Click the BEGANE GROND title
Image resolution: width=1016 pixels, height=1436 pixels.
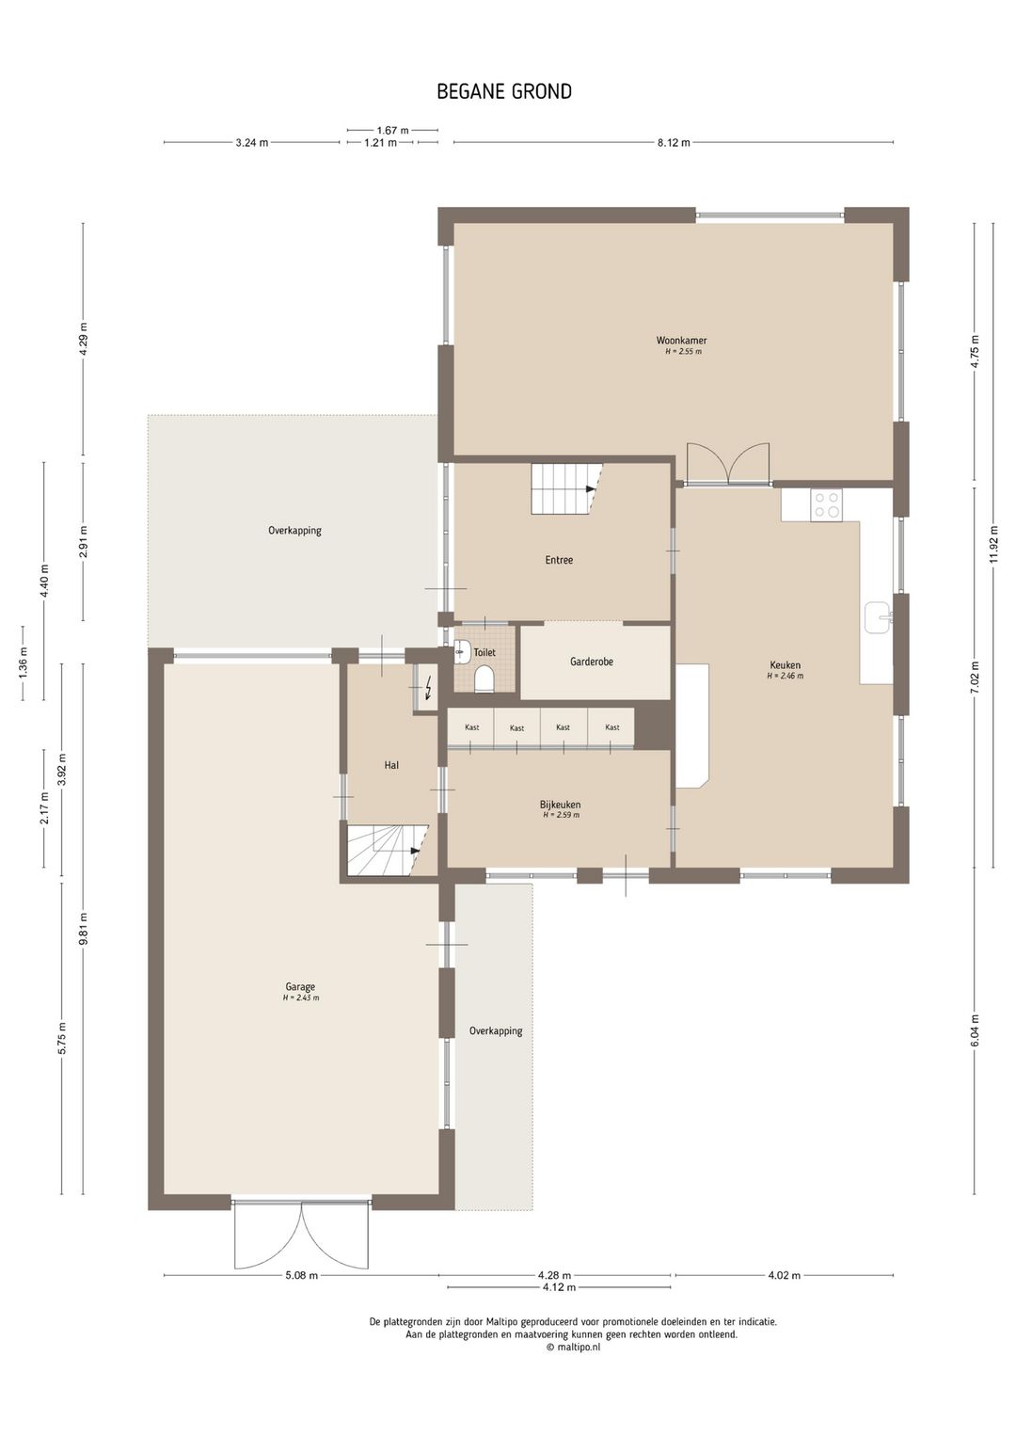coord(504,91)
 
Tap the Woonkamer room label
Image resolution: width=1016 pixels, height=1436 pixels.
coord(681,341)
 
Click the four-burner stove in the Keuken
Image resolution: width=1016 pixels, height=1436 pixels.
coord(826,504)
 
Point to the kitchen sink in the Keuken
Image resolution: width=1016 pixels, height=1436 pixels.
coord(878,618)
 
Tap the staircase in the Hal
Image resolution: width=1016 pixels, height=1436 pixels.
coord(388,850)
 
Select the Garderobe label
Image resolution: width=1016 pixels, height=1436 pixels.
coord(591,662)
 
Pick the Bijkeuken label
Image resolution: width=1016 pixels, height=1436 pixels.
coord(561,805)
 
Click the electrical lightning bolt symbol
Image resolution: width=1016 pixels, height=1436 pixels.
coord(428,689)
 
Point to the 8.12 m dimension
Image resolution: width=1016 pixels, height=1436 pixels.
coord(673,143)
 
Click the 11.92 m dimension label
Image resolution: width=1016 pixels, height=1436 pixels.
coord(993,544)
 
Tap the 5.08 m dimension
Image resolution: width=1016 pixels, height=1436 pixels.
coord(301,1275)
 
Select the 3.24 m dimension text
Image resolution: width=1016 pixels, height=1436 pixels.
coord(252,143)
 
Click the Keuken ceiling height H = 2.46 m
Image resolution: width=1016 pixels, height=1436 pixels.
coord(786,676)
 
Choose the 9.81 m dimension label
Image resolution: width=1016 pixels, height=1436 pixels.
coord(84,929)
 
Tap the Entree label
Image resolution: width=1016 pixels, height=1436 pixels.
coord(559,560)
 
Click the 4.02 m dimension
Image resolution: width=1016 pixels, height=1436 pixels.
coord(784,1275)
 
